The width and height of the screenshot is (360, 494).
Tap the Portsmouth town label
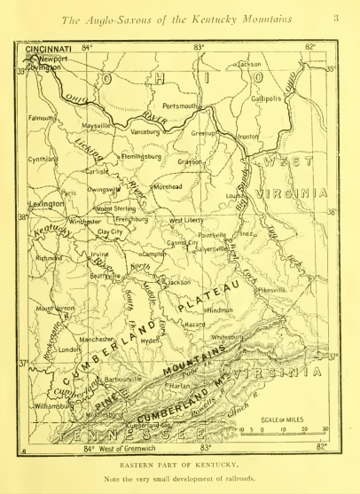(x=184, y=106)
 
